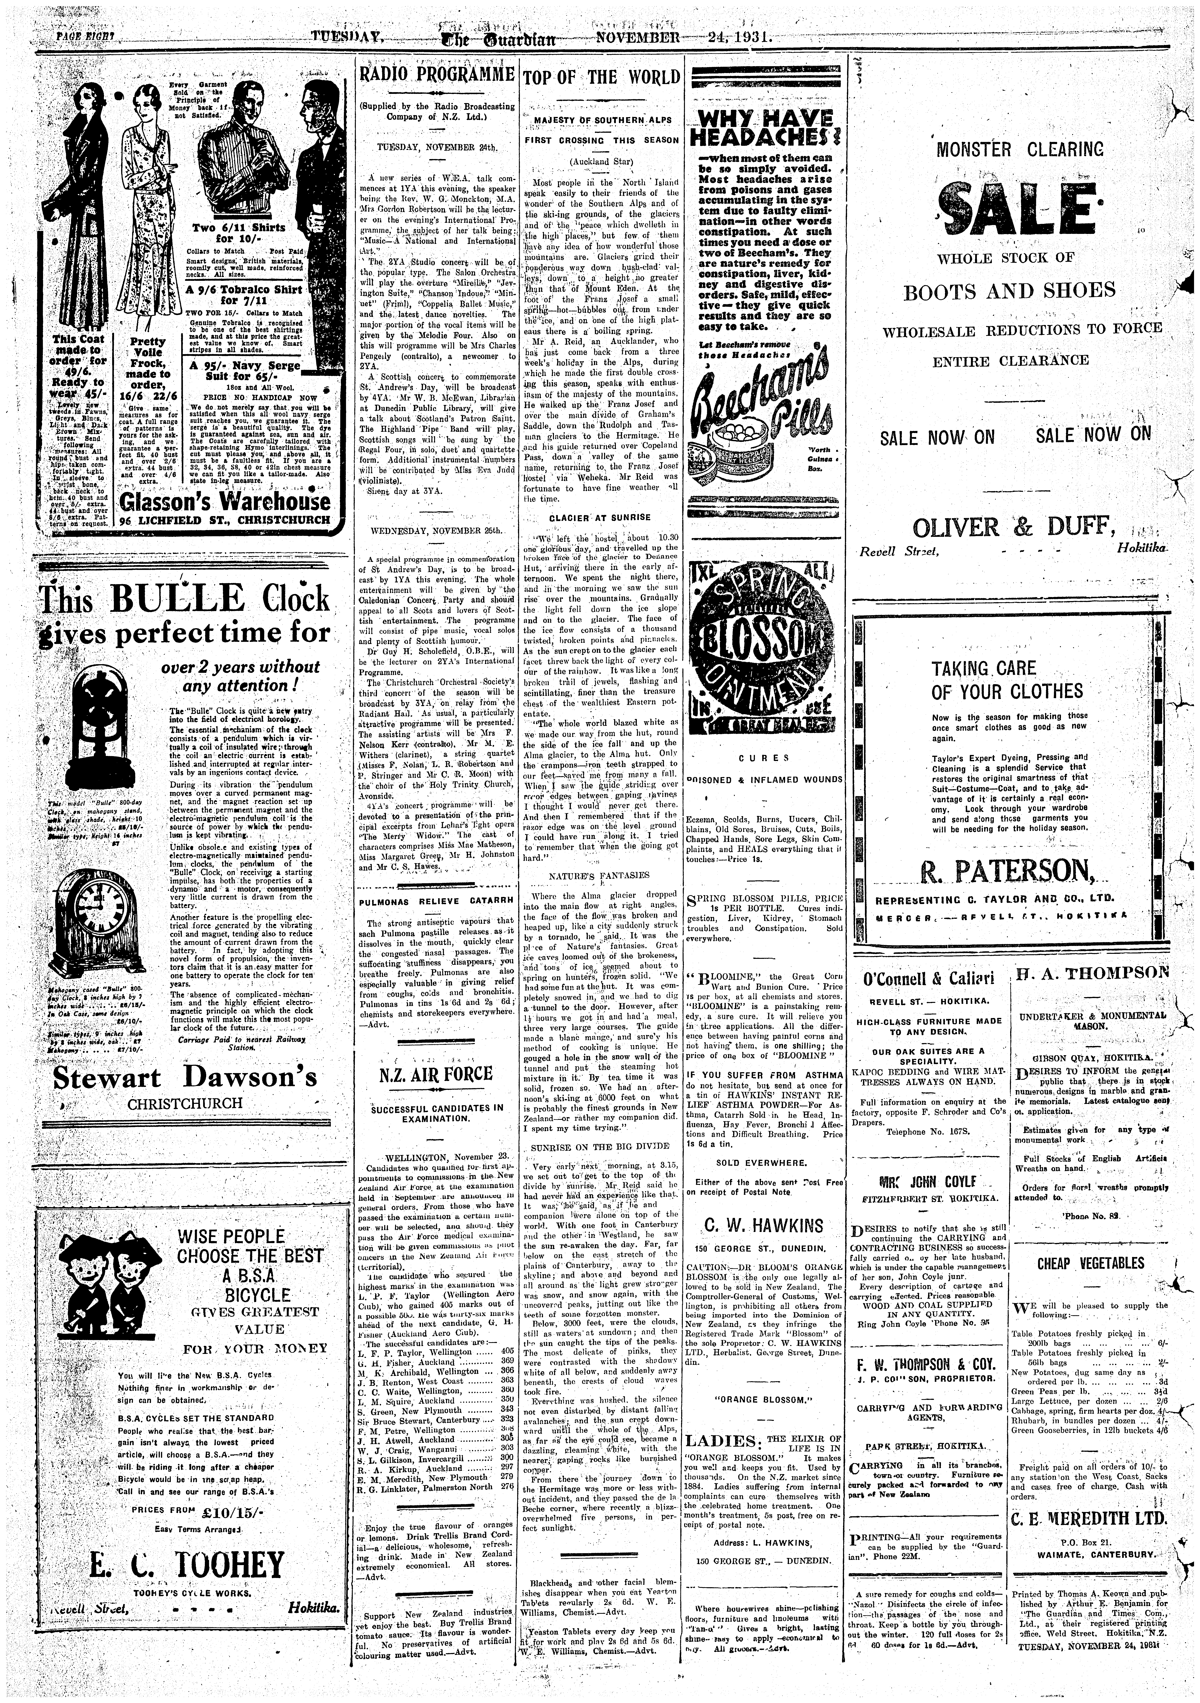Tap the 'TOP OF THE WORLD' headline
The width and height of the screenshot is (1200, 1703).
[601, 77]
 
